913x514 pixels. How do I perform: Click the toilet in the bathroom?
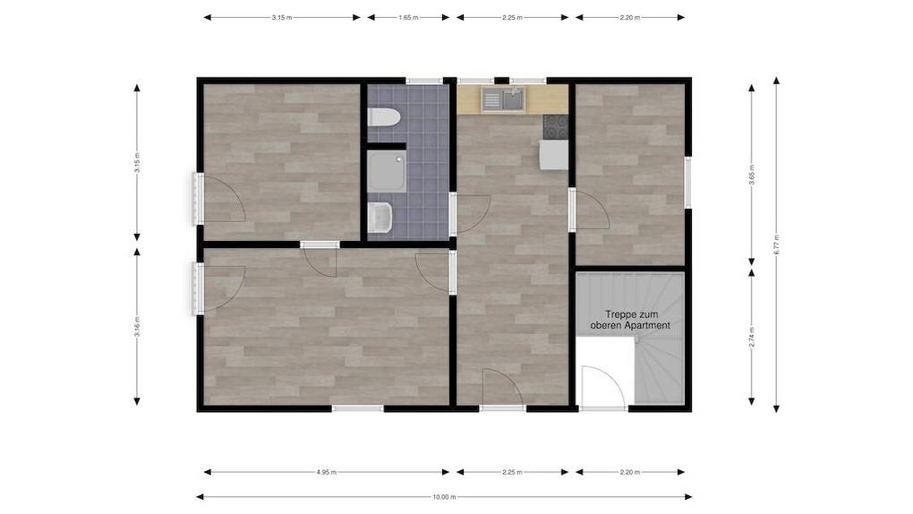click(384, 117)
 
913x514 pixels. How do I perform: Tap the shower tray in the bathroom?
click(387, 171)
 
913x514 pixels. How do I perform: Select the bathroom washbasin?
click(380, 218)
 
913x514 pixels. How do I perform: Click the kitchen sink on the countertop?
click(503, 99)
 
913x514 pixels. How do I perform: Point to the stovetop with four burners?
click(556, 127)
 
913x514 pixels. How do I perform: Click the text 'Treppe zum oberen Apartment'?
click(631, 320)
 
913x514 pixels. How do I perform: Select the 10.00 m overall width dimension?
click(444, 497)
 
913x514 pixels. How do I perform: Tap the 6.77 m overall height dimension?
click(776, 244)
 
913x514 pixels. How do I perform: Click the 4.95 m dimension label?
click(327, 472)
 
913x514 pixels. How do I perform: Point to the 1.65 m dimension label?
click(408, 18)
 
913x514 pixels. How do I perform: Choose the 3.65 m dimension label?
click(752, 175)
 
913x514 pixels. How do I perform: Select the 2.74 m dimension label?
click(752, 337)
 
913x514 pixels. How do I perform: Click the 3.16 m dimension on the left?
click(137, 327)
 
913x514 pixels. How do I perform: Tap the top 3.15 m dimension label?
click(282, 18)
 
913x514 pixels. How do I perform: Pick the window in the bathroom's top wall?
click(424, 81)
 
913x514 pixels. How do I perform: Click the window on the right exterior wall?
click(688, 182)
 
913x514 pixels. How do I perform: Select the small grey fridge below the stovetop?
click(553, 155)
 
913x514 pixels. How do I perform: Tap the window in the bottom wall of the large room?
click(358, 408)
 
